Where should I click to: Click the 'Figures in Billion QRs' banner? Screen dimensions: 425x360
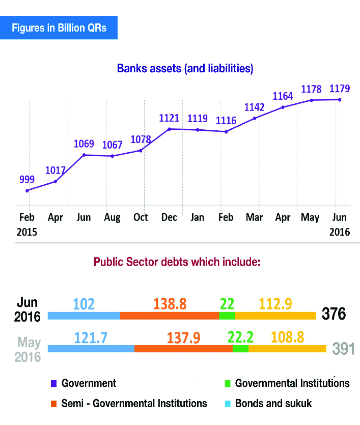coord(59,27)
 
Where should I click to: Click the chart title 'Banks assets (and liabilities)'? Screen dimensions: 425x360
coord(185,68)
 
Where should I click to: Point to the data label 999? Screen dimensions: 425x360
coord(27,179)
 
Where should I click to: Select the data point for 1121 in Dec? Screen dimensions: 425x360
coord(169,129)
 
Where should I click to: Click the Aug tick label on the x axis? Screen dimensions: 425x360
coord(112,217)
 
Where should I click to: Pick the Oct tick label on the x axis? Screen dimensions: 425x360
coord(141,217)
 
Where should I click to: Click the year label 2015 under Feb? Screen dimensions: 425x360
coord(28,232)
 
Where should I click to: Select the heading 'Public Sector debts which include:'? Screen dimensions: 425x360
coord(177,263)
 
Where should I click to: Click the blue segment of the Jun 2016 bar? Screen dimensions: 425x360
coord(84,316)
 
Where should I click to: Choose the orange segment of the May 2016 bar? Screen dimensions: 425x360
coord(183,349)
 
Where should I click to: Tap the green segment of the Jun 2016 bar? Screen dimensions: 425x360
coord(227,316)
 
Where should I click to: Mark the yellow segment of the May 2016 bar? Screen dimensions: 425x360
coord(287,349)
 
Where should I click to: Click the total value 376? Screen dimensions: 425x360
coord(334,314)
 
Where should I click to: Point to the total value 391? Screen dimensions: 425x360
coord(343,349)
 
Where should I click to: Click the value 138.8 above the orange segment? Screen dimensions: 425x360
coord(170,304)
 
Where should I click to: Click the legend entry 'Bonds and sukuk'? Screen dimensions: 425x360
coord(273,404)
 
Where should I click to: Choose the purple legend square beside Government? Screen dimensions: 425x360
coord(53,383)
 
